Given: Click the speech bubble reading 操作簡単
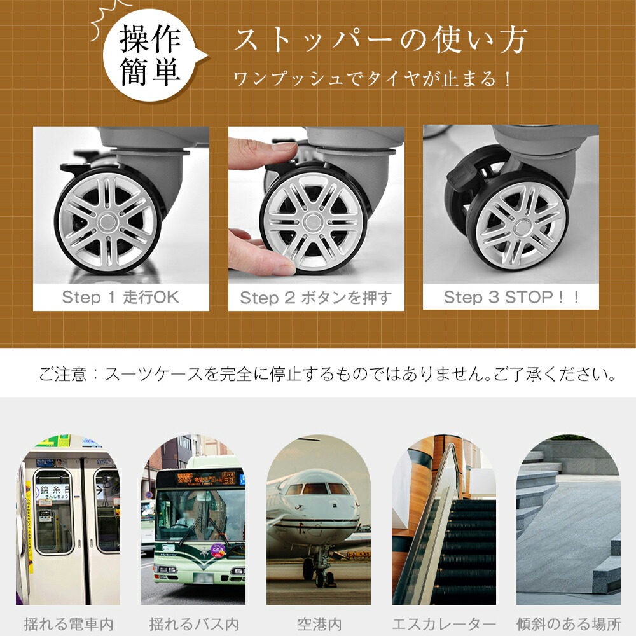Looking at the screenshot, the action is [x=152, y=55].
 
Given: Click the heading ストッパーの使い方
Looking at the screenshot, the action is [x=380, y=41].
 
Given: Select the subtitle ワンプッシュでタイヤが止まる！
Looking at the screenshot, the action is [x=371, y=78].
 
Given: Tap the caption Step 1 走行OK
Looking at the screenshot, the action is [x=120, y=297].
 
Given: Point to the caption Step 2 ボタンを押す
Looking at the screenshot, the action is [x=316, y=298].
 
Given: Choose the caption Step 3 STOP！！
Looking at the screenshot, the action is [x=511, y=297].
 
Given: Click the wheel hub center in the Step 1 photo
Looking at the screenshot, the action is [x=107, y=222].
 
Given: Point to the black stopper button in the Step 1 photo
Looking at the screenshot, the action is [x=76, y=166].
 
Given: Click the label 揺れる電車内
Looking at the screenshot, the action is [x=68, y=624].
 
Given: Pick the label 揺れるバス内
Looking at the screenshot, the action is [x=193, y=624].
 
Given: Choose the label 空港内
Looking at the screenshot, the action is [x=319, y=624].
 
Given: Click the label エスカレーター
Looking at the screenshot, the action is [x=444, y=624].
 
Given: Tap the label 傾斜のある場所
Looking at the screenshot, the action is [x=569, y=624].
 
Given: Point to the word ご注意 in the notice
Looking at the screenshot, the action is [x=63, y=373].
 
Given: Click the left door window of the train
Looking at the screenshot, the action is [x=53, y=511].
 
